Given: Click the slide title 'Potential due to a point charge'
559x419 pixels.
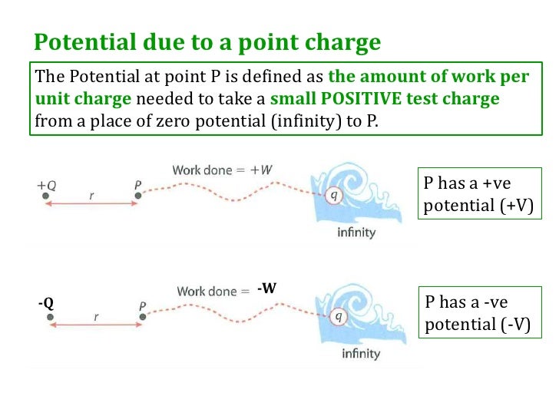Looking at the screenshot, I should coord(208,41).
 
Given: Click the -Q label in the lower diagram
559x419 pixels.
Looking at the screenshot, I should coord(46,303).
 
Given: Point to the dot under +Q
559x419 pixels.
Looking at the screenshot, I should coord(47,196).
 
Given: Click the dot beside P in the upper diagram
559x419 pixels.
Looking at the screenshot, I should coord(137,196).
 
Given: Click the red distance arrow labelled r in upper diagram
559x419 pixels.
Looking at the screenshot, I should coord(92,203).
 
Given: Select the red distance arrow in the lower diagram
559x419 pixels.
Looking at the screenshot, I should coord(94,324).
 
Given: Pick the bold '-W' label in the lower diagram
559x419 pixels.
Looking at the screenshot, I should coord(266,289).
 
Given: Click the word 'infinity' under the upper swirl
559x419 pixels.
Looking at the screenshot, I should coord(356,233).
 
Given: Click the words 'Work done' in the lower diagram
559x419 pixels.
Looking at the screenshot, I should coord(206,292).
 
